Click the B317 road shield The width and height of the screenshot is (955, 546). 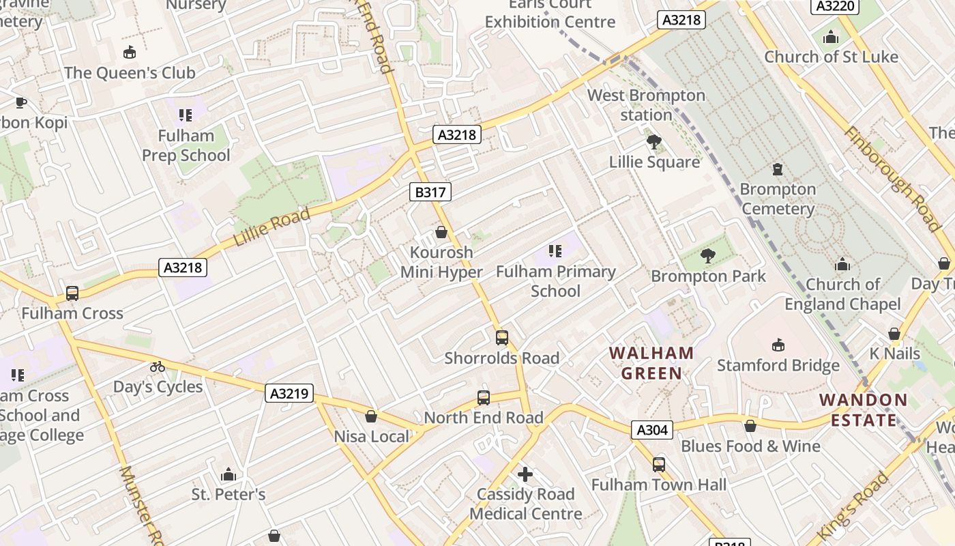(430, 192)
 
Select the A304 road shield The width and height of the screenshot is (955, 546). (651, 429)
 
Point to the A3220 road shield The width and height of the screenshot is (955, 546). (834, 6)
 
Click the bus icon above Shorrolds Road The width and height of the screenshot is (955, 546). (502, 337)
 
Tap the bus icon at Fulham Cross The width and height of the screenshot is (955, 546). (72, 293)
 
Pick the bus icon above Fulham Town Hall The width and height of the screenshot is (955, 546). (658, 465)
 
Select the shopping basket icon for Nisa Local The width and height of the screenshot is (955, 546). (371, 416)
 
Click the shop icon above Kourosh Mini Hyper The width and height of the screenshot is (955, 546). (441, 232)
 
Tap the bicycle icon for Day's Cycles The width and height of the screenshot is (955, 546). (158, 367)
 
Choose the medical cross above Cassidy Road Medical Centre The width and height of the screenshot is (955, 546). (525, 474)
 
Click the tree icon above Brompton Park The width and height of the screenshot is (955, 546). (708, 256)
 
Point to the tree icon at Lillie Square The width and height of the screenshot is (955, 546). (654, 142)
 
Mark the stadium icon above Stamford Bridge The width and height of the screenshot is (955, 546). (778, 345)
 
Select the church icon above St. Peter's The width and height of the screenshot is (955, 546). (228, 474)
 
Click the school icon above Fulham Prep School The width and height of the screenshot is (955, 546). (186, 115)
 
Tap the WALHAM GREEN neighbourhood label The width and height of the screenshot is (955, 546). (651, 363)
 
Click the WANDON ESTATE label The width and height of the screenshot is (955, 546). (863, 409)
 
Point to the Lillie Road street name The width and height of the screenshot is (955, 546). (271, 227)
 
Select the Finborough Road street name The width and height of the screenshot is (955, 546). (893, 179)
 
